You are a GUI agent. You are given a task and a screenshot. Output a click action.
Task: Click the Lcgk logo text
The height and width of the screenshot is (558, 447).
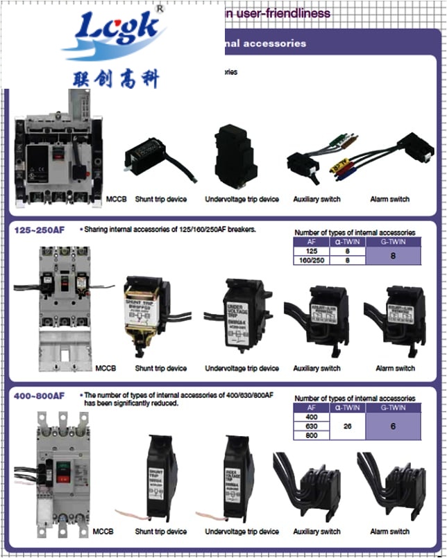click(114, 32)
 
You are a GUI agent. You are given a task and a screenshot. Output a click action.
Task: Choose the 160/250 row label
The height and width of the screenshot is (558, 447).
click(310, 261)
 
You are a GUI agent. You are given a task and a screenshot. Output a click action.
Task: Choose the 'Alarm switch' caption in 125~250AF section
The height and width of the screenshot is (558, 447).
click(395, 368)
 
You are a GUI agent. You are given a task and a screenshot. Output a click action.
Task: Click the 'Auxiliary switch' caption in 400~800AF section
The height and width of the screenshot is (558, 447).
click(317, 532)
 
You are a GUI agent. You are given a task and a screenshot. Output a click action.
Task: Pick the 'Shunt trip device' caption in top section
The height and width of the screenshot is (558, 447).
click(160, 200)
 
